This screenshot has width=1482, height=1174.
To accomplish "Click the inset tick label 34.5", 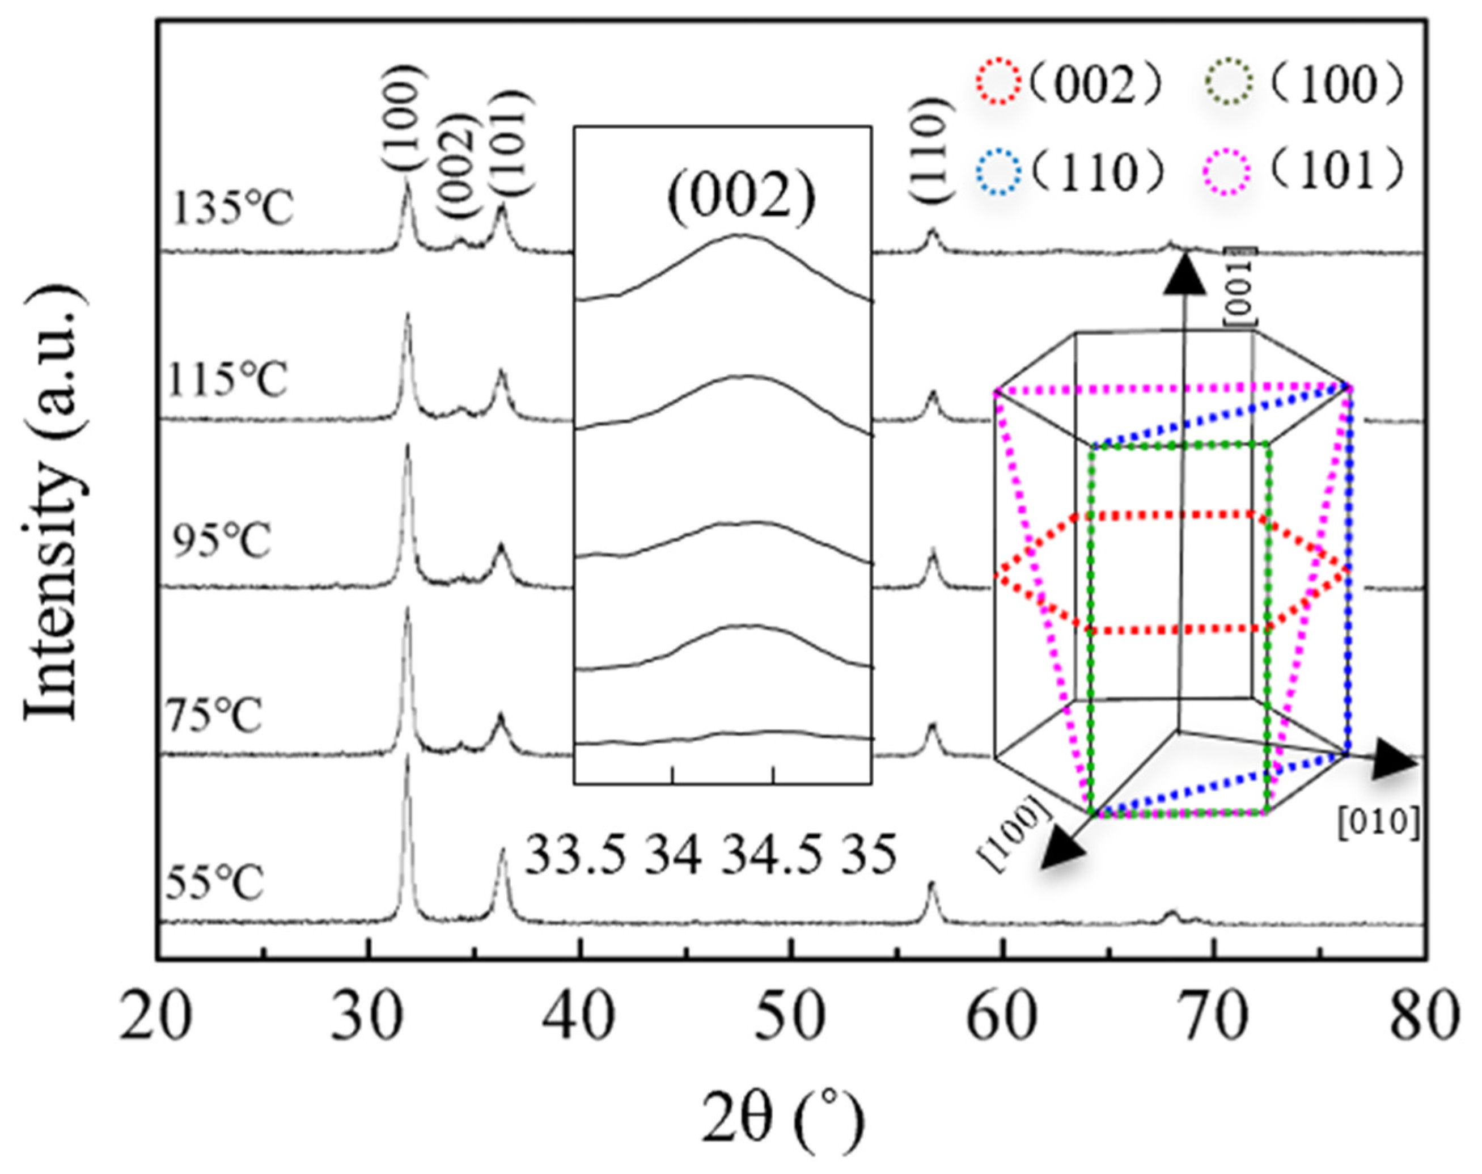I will [x=771, y=856].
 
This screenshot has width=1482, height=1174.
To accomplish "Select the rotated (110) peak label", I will [x=931, y=150].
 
